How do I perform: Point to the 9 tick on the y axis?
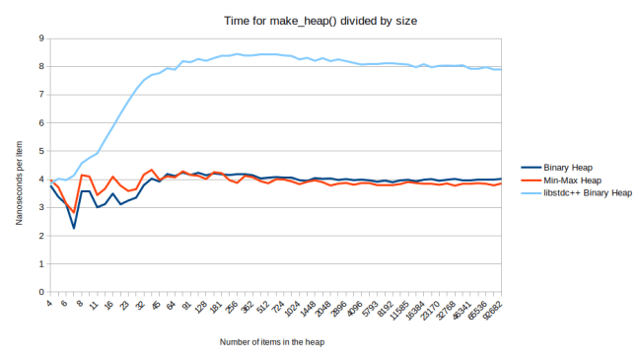[x=39, y=38]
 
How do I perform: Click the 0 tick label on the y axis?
[x=39, y=293]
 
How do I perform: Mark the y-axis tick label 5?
[x=39, y=152]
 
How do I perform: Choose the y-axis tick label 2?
[x=39, y=237]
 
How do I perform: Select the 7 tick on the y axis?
[x=39, y=95]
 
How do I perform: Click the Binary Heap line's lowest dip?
[x=74, y=228]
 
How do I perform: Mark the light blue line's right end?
[x=501, y=69]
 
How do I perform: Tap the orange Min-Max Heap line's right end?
[x=501, y=183]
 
